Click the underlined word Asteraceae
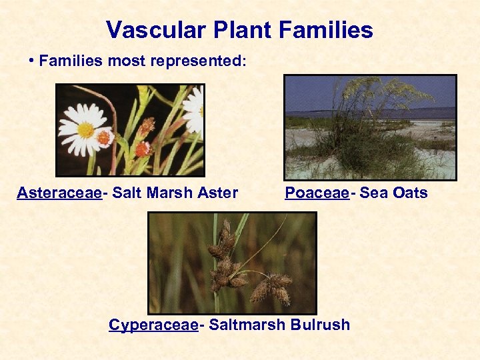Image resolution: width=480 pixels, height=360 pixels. tap(59, 193)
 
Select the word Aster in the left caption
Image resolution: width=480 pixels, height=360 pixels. tap(218, 193)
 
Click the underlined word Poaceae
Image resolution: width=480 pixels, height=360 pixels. tap(317, 193)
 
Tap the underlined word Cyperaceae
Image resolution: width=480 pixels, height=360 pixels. tap(153, 325)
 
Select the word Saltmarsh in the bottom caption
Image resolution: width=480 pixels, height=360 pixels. tap(246, 325)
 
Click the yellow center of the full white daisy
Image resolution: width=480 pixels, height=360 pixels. tap(86, 130)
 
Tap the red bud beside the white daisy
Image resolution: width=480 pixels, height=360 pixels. tap(104, 138)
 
